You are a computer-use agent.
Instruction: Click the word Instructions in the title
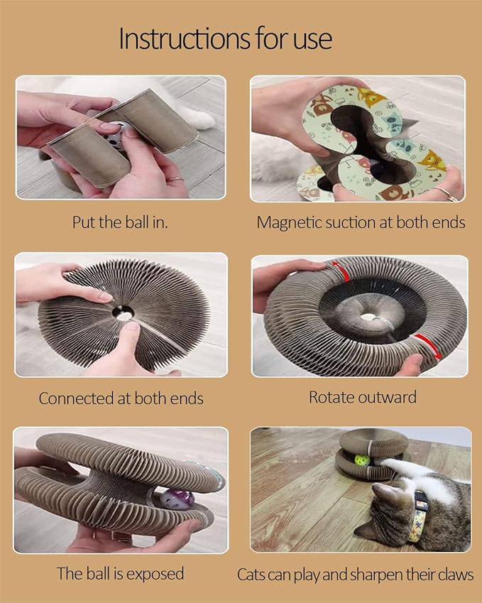[x=185, y=38]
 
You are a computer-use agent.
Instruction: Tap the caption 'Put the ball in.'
[x=120, y=222]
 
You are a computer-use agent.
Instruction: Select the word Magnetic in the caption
[x=289, y=223]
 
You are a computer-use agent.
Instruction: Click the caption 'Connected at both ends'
[x=121, y=398]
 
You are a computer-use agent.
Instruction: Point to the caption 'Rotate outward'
[x=363, y=397]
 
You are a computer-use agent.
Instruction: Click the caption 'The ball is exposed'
[x=120, y=573]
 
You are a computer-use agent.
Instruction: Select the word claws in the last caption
[x=456, y=575]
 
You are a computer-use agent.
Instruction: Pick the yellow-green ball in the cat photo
[x=362, y=460]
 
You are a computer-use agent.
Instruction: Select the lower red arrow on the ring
[x=427, y=346]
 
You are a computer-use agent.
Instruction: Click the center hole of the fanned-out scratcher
[x=123, y=313]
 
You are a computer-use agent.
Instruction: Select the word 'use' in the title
[x=312, y=40]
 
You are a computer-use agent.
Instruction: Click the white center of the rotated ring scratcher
[x=368, y=317]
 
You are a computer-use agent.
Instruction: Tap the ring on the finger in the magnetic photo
[x=448, y=194]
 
